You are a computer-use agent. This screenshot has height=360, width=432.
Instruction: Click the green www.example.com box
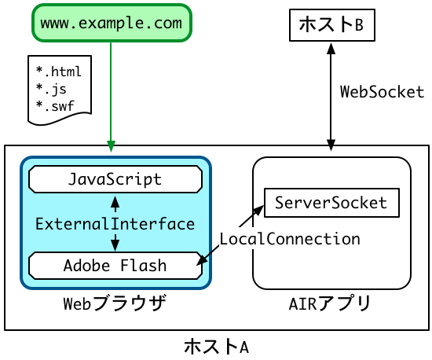pos(112,23)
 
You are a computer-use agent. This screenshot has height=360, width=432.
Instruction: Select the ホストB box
pos(332,25)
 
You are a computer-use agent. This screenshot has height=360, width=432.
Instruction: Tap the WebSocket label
pos(383,92)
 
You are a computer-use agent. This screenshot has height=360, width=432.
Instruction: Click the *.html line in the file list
pos(58,72)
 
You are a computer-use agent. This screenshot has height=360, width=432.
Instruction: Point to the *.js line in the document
pos(51,89)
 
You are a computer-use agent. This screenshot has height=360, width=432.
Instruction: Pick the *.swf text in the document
pos(55,106)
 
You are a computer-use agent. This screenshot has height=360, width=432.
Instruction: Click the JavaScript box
pos(115,179)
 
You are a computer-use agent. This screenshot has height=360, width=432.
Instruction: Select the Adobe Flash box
pos(115,266)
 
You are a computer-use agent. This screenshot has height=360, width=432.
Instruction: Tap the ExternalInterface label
pos(115,224)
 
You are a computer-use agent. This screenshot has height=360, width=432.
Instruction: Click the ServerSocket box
pos(331,203)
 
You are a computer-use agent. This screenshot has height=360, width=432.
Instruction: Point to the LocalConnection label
pos(290,239)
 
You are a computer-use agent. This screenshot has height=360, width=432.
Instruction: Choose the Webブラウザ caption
pos(115,303)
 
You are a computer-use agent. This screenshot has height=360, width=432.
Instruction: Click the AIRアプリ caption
pos(330,303)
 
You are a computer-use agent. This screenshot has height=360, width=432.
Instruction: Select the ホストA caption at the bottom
pos(217,347)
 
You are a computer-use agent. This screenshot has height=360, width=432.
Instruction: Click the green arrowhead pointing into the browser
pos(111,146)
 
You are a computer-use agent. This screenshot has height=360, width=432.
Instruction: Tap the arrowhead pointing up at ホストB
pos(331,48)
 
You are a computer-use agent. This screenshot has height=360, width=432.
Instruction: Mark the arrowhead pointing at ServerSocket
pos(258,211)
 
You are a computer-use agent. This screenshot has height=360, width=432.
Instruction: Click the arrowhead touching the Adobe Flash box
pos(201,260)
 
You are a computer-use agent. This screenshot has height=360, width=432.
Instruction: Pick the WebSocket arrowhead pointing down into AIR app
pos(331,145)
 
